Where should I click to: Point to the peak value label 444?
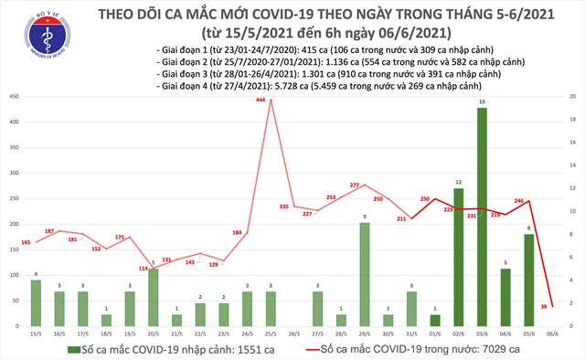[x=261, y=100]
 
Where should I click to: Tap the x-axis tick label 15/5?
[x=36, y=334]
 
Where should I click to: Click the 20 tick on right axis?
[x=570, y=97]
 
